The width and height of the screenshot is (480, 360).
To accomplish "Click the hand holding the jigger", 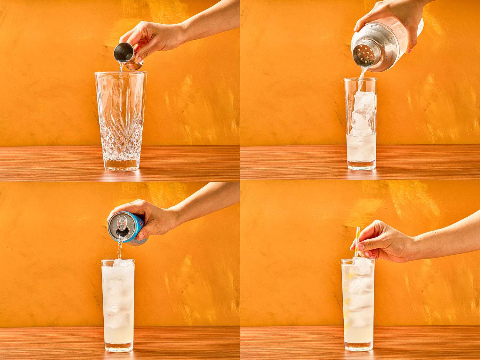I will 150,40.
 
